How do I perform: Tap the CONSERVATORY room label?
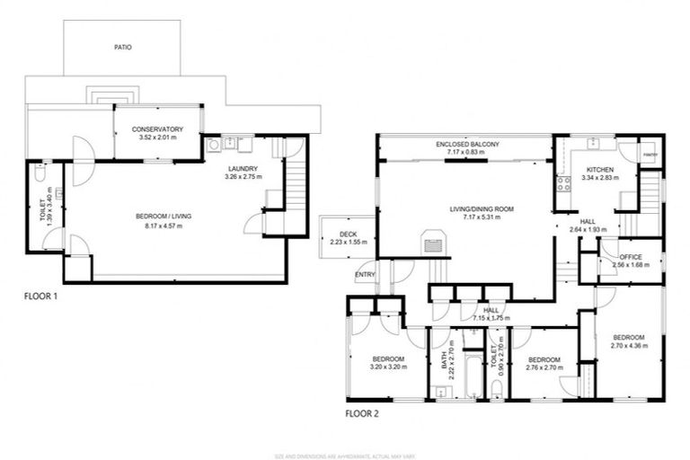(157, 128)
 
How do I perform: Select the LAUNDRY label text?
(243, 168)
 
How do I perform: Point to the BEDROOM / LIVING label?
(164, 217)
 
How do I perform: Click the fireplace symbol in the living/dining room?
(432, 242)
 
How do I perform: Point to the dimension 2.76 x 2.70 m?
(544, 367)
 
